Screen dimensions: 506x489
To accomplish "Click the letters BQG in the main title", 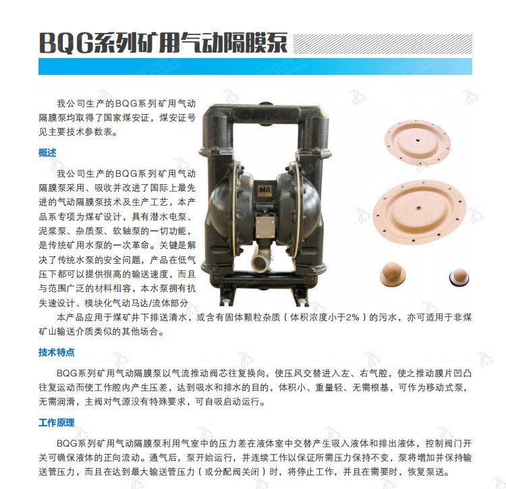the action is click(x=66, y=43).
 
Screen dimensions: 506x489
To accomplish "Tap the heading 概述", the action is click(x=47, y=152).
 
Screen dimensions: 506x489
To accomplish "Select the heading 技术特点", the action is click(x=57, y=352).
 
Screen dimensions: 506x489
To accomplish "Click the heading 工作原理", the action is click(x=57, y=422).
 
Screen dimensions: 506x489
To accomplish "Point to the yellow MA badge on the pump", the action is click(x=264, y=190).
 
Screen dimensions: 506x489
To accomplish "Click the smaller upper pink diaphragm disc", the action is click(x=417, y=141).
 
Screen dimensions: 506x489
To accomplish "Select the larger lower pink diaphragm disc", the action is click(x=419, y=212).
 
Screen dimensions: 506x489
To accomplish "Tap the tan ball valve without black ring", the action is click(x=393, y=274).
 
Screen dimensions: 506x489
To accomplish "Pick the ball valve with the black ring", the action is click(x=459, y=277).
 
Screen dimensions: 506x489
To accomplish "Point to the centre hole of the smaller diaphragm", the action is click(x=418, y=140).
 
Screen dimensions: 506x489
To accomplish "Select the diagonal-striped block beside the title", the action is click(x=383, y=44).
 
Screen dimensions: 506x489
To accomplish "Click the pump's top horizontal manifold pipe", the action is click(x=264, y=112).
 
